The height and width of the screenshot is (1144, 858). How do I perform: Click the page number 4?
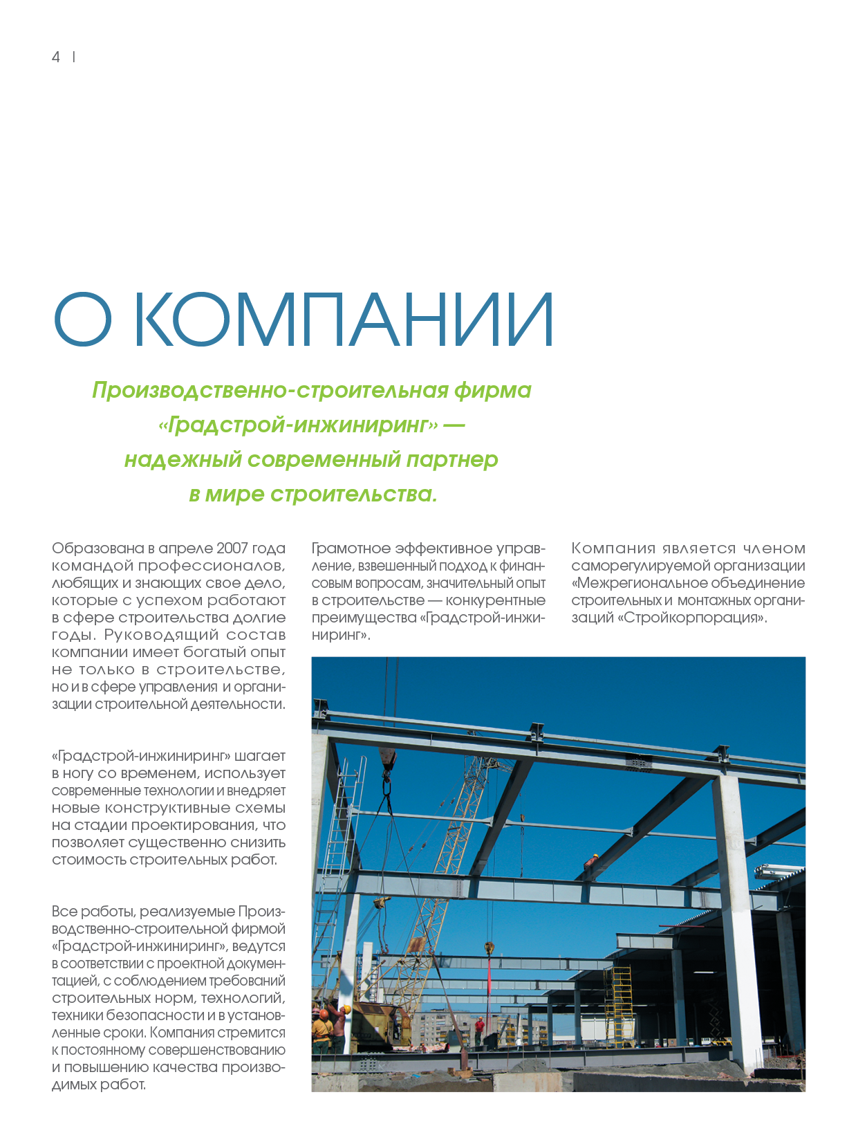tap(56, 57)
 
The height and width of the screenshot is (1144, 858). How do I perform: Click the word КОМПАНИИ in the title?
tap(342, 320)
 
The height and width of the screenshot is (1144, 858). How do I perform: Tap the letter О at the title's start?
tap(82, 320)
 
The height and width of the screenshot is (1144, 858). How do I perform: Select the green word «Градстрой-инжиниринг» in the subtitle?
tap(298, 425)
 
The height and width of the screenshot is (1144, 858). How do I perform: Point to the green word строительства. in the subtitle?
tap(353, 494)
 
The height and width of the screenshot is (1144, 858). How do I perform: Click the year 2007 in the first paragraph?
tap(232, 548)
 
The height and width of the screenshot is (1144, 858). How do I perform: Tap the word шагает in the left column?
tap(260, 756)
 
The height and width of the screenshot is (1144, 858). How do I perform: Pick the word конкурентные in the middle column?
tap(495, 600)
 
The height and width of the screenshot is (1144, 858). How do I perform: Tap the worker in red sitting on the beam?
tap(591, 861)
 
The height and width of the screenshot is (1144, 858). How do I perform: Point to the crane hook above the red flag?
tap(489, 948)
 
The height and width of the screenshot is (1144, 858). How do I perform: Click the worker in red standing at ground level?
tap(478, 1028)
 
